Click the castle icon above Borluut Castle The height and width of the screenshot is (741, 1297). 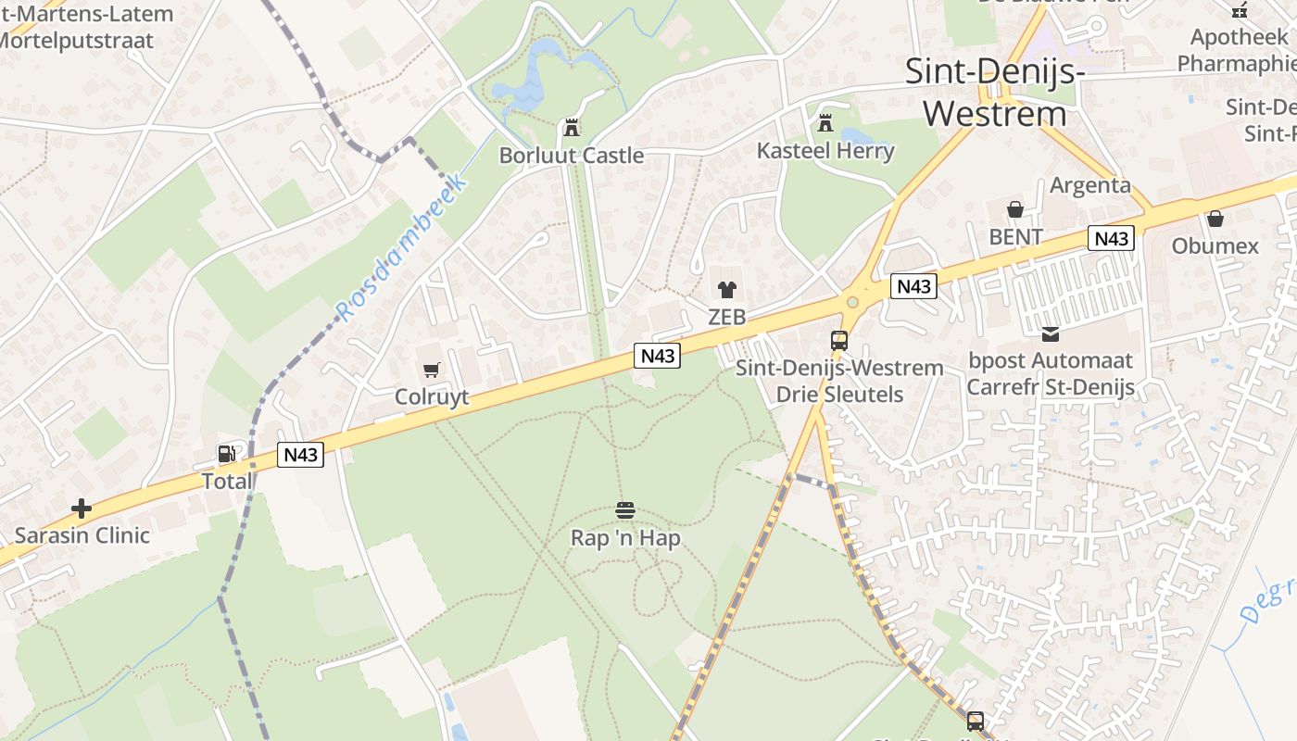pyautogui.click(x=571, y=127)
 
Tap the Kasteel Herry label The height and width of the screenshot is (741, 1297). pyautogui.click(x=825, y=150)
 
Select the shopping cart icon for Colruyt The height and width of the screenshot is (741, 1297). pyautogui.click(x=431, y=370)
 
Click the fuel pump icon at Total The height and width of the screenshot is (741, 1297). pyautogui.click(x=226, y=454)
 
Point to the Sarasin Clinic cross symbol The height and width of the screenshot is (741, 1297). pyautogui.click(x=82, y=509)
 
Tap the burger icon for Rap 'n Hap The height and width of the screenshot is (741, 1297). pyautogui.click(x=625, y=510)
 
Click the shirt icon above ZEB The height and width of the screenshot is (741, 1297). pyautogui.click(x=726, y=290)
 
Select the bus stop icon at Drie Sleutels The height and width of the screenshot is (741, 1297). pyautogui.click(x=839, y=340)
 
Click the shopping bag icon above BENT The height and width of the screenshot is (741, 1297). pyautogui.click(x=1015, y=209)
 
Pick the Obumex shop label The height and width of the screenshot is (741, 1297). pyautogui.click(x=1215, y=245)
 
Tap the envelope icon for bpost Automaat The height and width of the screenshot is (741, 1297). pyautogui.click(x=1050, y=334)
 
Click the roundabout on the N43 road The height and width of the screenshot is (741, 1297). pyautogui.click(x=853, y=301)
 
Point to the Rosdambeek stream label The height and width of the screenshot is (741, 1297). pyautogui.click(x=401, y=247)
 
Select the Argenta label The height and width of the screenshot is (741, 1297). pyautogui.click(x=1089, y=185)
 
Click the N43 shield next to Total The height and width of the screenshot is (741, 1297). pyautogui.click(x=300, y=455)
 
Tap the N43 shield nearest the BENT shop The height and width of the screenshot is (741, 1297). pyautogui.click(x=1111, y=238)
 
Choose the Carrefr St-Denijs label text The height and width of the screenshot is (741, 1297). pyautogui.click(x=1050, y=386)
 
